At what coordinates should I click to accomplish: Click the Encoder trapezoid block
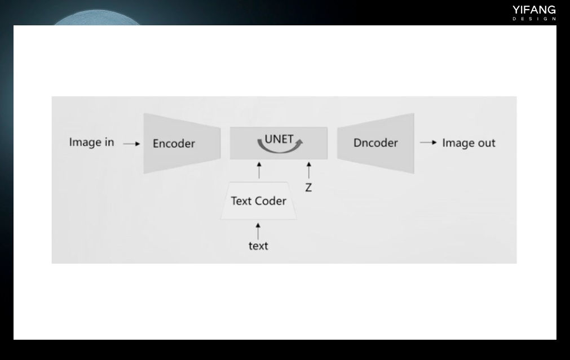(x=182, y=144)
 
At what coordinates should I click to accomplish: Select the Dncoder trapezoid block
(x=375, y=143)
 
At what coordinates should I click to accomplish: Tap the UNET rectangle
(x=279, y=143)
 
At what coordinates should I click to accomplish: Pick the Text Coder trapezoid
(x=259, y=201)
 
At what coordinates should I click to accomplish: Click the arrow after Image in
(x=131, y=144)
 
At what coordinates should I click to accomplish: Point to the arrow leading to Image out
(x=428, y=143)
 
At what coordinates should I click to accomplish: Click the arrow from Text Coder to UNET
(x=259, y=170)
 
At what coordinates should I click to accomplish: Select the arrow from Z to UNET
(x=308, y=170)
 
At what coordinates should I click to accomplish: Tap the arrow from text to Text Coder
(x=258, y=231)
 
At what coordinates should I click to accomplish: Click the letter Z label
(x=308, y=188)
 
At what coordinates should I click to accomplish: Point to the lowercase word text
(x=258, y=246)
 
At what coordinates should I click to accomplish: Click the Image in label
(x=91, y=142)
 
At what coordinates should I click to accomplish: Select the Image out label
(x=469, y=143)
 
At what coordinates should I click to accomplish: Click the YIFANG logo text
(x=534, y=10)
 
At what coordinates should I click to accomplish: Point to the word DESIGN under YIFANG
(x=534, y=19)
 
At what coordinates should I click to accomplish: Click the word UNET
(x=279, y=139)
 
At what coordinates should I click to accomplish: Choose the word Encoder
(x=174, y=144)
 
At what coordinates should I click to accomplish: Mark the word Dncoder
(x=375, y=143)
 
